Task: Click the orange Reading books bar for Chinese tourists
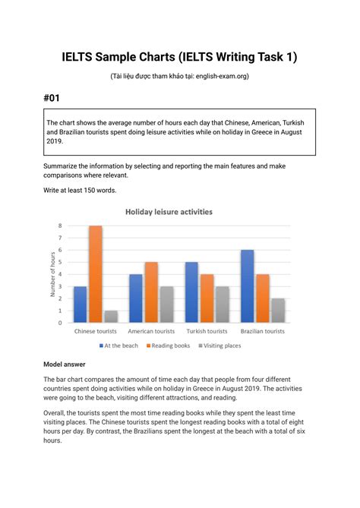[x=95, y=274]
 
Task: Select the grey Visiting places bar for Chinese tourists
[x=109, y=317]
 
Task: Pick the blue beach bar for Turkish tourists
[x=191, y=292]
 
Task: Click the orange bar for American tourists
[x=151, y=292]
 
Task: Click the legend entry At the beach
[x=120, y=345]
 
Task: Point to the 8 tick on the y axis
[x=60, y=226]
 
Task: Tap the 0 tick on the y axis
[x=60, y=323]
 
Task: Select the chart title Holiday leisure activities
[x=169, y=212]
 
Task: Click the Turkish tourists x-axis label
[x=207, y=332]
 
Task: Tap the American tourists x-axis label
[x=151, y=332]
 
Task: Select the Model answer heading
[x=65, y=364]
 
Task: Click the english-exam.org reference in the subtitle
[x=220, y=76]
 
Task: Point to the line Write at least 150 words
[x=80, y=190]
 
